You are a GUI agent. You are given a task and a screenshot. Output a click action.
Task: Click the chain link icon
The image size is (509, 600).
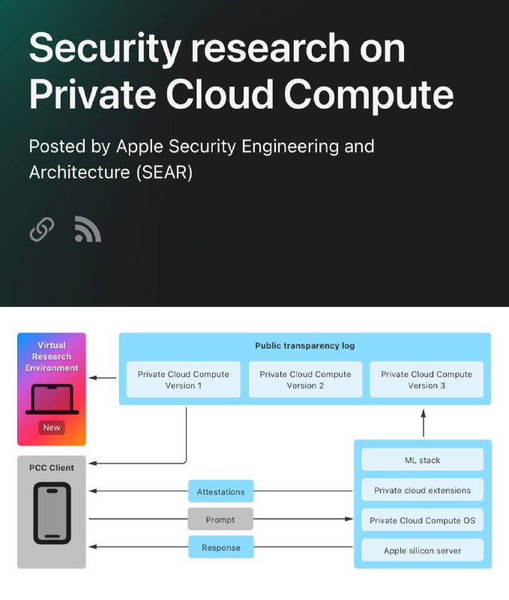tap(42, 229)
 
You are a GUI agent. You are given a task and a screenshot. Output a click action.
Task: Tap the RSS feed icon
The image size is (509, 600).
tap(88, 229)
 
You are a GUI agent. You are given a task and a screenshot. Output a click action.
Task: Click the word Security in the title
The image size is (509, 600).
tap(105, 49)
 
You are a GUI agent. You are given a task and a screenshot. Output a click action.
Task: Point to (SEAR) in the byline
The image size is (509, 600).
tap(164, 172)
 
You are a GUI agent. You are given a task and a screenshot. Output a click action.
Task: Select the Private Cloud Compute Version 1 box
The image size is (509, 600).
tap(184, 379)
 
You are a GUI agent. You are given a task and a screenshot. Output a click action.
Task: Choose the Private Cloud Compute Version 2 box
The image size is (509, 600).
tap(305, 379)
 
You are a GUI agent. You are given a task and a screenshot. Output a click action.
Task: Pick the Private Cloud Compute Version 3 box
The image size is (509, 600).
tap(427, 379)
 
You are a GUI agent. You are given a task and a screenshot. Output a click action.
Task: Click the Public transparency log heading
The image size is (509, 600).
tap(305, 346)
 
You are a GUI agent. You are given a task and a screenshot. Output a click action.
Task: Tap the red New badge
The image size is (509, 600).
tap(52, 427)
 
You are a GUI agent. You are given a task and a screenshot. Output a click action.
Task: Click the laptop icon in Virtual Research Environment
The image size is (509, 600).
tap(52, 400)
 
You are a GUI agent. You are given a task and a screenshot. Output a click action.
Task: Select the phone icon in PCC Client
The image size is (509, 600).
tap(52, 513)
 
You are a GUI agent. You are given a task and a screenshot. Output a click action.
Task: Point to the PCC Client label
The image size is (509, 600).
tap(52, 467)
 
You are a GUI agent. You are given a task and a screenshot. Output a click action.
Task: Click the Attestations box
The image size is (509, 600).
tap(220, 491)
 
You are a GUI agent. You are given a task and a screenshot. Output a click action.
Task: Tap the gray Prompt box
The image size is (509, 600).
tap(220, 519)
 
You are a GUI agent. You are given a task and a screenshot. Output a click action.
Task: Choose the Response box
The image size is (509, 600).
tap(221, 547)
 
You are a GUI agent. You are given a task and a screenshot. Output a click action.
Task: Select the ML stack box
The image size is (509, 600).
tap(423, 460)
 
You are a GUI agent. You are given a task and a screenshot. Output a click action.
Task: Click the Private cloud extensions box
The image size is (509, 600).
tap(423, 490)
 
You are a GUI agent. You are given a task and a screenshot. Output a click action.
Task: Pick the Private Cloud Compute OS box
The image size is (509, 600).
tap(423, 520)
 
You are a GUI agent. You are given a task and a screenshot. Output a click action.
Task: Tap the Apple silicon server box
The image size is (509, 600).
tap(423, 550)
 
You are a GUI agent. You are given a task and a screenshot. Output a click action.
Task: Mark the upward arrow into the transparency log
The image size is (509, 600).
tap(424, 423)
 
